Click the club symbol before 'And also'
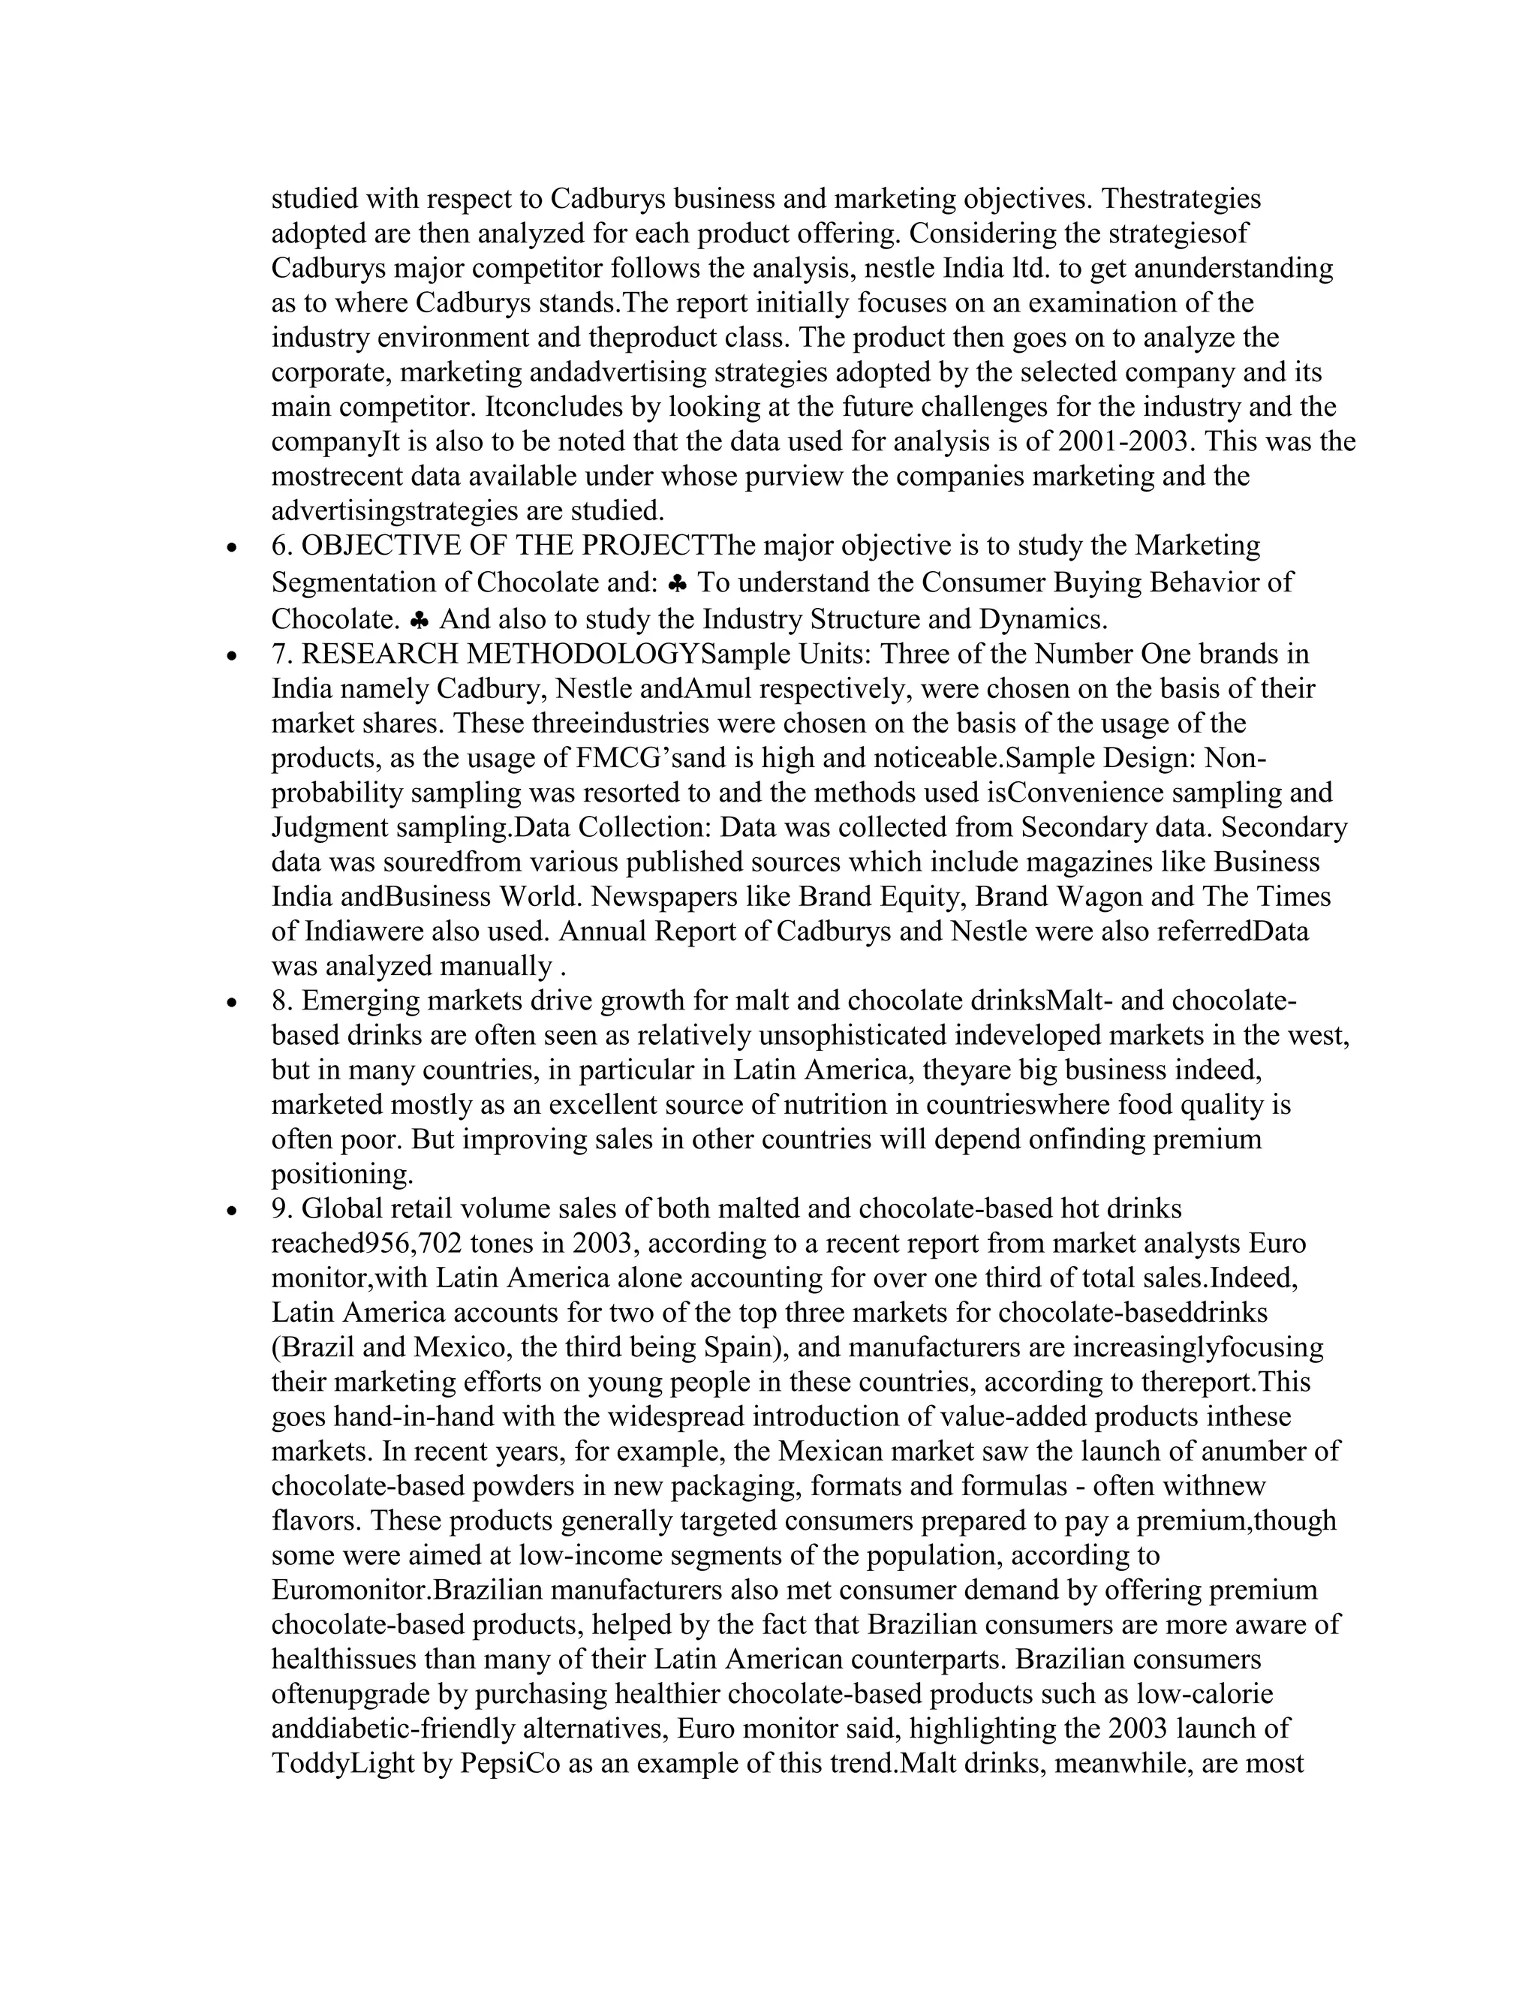[x=419, y=620]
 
